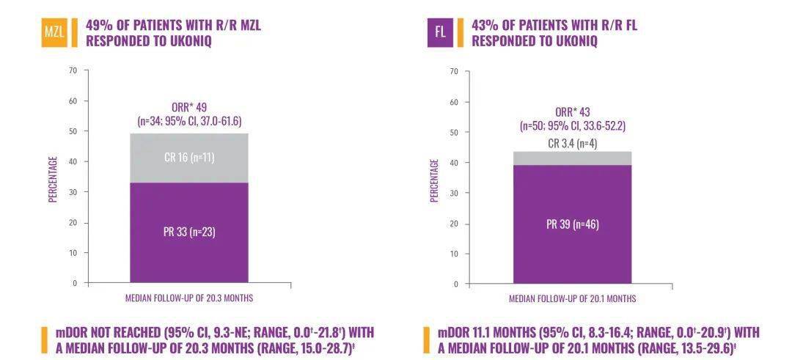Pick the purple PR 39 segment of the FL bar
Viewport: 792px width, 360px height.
coord(572,224)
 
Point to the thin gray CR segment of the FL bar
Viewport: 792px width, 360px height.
coord(572,158)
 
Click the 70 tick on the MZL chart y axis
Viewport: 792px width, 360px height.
coord(73,70)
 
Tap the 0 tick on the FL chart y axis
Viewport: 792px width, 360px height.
coord(455,284)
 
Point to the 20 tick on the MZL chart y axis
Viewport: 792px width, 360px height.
coord(72,222)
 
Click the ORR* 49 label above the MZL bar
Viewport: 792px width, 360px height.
coord(189,108)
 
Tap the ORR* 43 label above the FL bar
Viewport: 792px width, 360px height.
coord(573,112)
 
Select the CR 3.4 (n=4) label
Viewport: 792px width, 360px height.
coord(573,144)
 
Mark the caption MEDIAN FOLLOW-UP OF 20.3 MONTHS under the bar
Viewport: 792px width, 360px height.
coord(190,298)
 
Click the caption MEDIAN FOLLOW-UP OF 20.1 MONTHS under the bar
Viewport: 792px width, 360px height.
coord(573,299)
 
